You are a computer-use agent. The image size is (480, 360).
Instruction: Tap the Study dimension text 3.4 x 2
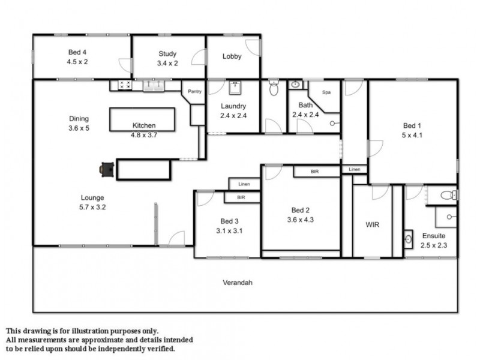click(167, 63)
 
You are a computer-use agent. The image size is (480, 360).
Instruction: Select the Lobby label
click(232, 57)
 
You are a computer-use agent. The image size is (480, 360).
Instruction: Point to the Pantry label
click(194, 92)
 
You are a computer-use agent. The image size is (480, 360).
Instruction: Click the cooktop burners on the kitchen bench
click(125, 85)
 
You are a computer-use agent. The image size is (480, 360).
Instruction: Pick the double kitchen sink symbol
click(154, 85)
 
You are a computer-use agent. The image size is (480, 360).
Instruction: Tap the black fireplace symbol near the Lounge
click(106, 170)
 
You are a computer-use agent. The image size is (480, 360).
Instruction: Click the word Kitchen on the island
click(144, 126)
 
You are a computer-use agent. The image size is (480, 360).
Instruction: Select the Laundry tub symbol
click(235, 87)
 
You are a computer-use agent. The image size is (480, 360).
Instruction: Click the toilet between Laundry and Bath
click(274, 89)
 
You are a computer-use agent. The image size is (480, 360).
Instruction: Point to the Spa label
click(326, 92)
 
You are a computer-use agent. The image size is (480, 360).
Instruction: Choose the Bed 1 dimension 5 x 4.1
click(412, 135)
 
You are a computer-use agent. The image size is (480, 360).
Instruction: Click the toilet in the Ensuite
click(448, 194)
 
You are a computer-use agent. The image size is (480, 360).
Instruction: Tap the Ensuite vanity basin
click(409, 239)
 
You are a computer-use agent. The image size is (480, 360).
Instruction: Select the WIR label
click(372, 225)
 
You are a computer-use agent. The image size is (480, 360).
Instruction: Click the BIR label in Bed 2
click(315, 172)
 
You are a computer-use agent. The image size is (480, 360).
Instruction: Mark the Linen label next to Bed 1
click(355, 170)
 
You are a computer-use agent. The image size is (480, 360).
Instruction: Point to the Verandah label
click(237, 282)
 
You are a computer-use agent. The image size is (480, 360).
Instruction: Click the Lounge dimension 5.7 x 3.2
click(93, 207)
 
